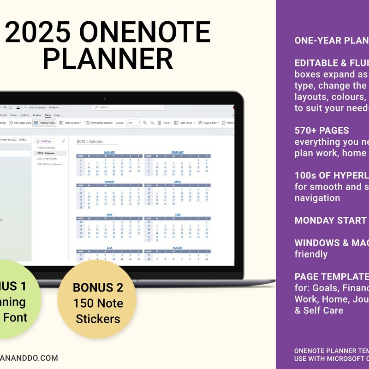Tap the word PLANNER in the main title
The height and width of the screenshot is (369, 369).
click(x=111, y=59)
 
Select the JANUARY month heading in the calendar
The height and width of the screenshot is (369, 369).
click(x=109, y=152)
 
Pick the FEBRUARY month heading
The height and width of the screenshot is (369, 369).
click(x=177, y=152)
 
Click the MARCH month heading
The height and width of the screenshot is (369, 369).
click(x=109, y=182)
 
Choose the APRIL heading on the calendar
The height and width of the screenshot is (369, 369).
click(x=177, y=182)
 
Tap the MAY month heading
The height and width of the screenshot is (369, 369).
click(x=109, y=214)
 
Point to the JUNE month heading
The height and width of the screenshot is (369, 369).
click(x=177, y=214)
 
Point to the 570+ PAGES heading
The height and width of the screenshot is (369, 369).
click(x=321, y=131)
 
